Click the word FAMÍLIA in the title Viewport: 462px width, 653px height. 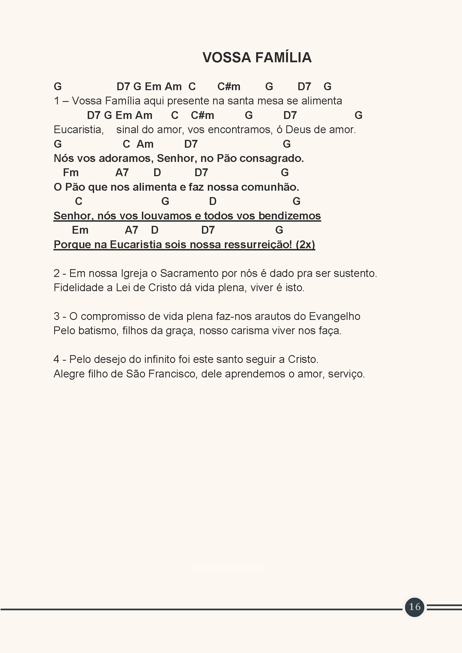point(283,58)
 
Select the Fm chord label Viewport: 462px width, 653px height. point(71,173)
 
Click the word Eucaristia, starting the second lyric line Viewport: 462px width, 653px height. point(78,130)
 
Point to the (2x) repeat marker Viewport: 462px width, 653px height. point(305,245)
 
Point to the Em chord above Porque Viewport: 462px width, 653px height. point(80,230)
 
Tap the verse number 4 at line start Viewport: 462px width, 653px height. point(56,360)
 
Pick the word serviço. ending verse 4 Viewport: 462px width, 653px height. point(346,374)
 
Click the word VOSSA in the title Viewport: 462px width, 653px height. point(227,58)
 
